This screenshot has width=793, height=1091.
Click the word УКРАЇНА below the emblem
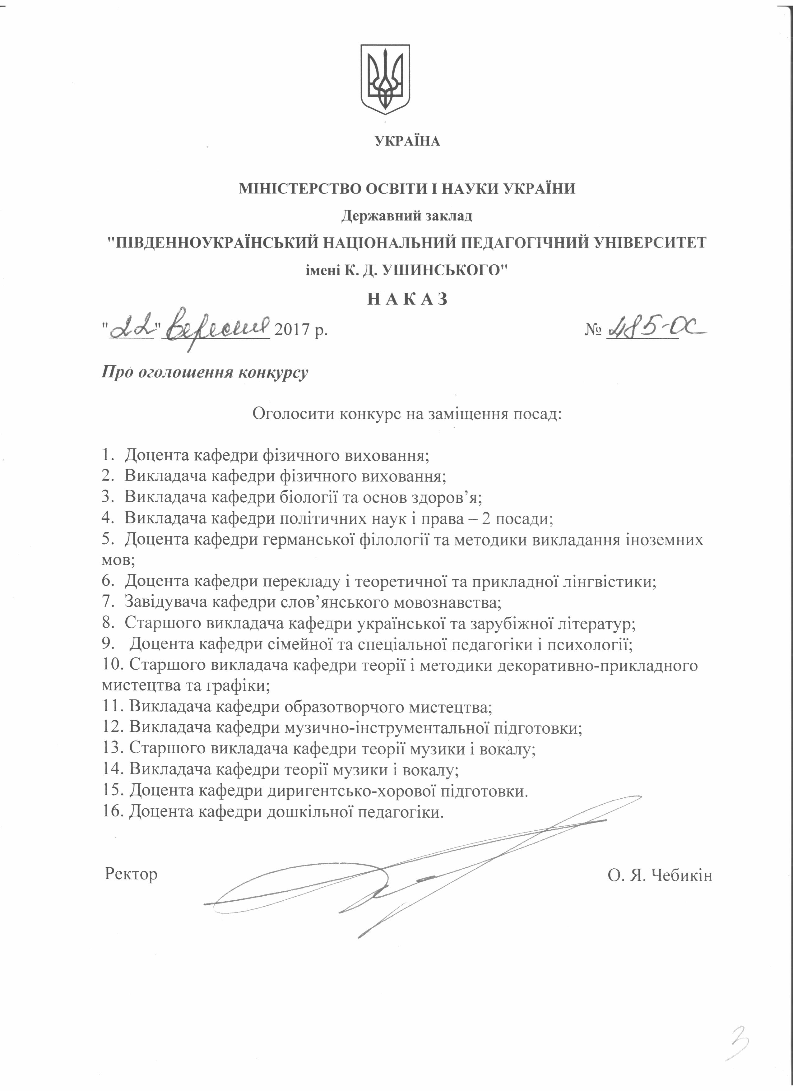click(x=407, y=142)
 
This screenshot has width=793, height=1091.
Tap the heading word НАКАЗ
click(x=408, y=299)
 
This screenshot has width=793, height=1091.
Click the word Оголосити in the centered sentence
click(x=293, y=413)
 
